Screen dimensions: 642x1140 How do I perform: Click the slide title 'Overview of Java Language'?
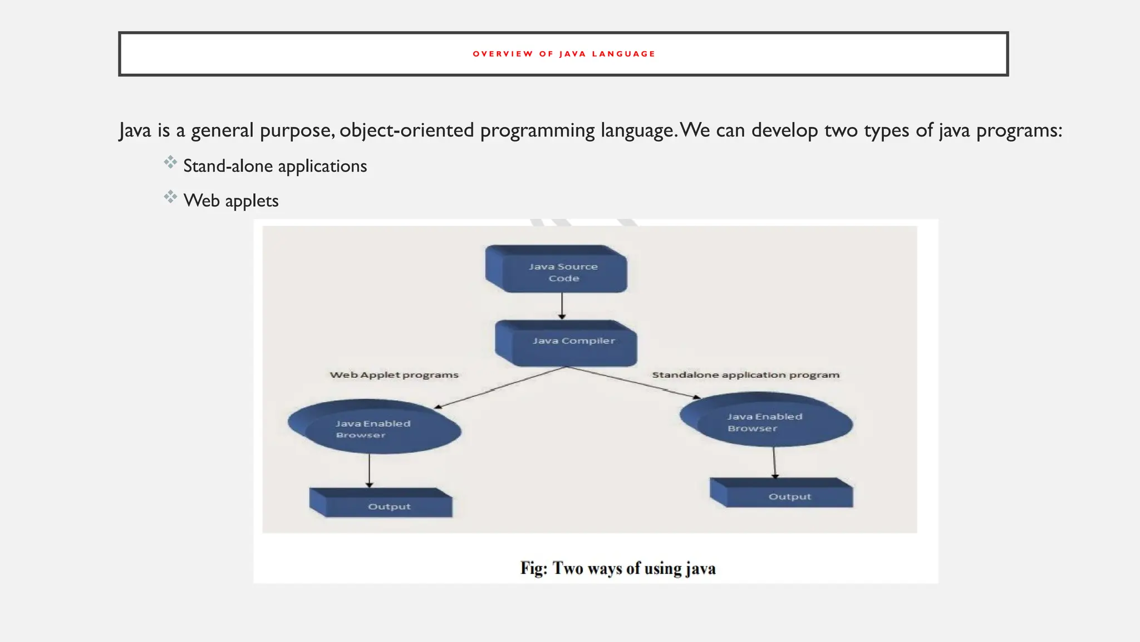pyautogui.click(x=563, y=54)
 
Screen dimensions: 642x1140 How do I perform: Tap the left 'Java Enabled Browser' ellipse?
pyautogui.click(x=374, y=428)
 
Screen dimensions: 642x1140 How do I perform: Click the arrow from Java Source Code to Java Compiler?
pyautogui.click(x=562, y=305)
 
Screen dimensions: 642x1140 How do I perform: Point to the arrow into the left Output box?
pyautogui.click(x=369, y=471)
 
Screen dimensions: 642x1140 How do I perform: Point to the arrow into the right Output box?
pyautogui.click(x=774, y=463)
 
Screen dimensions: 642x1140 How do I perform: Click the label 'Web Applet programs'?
pyautogui.click(x=394, y=375)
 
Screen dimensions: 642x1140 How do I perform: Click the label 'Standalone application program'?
pyautogui.click(x=745, y=375)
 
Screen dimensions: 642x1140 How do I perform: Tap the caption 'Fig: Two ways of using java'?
pyautogui.click(x=618, y=568)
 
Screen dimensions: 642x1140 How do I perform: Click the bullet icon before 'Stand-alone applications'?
pyautogui.click(x=170, y=163)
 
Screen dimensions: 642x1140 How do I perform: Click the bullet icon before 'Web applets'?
pyautogui.click(x=170, y=197)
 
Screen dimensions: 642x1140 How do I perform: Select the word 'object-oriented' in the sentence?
pyautogui.click(x=406, y=130)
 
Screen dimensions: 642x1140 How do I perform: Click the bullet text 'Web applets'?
pyautogui.click(x=231, y=201)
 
